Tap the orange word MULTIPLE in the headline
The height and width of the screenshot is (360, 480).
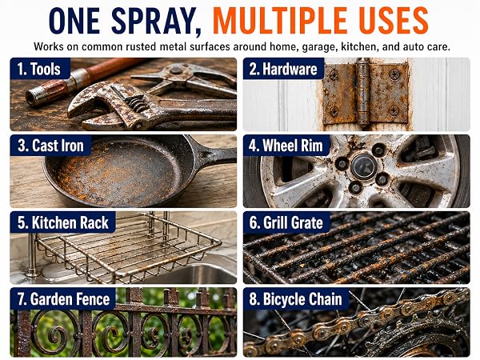(x=279, y=21)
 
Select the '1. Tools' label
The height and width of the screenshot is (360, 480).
(x=38, y=69)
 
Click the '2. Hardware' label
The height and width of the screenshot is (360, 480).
(x=283, y=69)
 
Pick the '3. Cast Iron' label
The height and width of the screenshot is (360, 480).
(x=50, y=146)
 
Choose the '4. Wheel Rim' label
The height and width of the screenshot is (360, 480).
(x=286, y=146)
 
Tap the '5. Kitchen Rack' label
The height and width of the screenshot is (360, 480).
(x=62, y=222)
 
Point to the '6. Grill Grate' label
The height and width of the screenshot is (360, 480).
(x=286, y=222)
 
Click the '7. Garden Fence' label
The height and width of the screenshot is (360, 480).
(x=63, y=299)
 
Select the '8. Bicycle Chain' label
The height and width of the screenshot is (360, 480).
(x=295, y=299)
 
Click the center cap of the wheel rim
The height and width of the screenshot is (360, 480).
(x=364, y=166)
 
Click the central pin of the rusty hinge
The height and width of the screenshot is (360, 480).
(x=363, y=93)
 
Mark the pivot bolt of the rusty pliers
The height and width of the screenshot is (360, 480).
(x=176, y=70)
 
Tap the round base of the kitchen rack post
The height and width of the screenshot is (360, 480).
(x=32, y=272)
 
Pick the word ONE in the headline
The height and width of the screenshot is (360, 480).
(x=74, y=21)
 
